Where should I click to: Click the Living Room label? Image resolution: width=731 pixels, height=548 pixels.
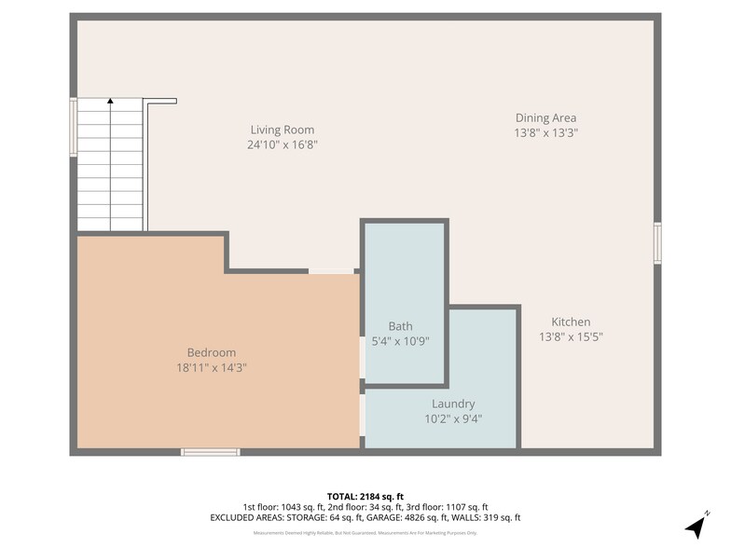coord(282,130)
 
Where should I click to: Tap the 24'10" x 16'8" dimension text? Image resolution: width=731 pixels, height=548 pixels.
coord(282,144)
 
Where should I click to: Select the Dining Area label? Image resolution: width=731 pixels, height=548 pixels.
coord(545,117)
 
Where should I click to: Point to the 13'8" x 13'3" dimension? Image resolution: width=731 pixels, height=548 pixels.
coord(545,132)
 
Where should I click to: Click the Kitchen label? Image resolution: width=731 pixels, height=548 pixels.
coord(570,322)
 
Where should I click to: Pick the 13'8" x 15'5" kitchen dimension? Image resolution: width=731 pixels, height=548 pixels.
coord(570,336)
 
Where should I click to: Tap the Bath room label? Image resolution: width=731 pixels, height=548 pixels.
coord(400,326)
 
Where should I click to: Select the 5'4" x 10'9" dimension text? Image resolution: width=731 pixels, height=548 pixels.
coord(400,341)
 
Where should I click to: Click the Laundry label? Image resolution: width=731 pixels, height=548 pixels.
coord(453,404)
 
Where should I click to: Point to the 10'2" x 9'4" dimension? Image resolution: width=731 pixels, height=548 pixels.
coord(453,418)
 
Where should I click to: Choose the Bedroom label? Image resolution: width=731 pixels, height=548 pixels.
coord(212,352)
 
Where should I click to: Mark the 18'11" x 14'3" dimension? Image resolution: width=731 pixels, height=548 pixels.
coord(212,367)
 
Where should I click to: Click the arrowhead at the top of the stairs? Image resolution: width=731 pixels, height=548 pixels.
coord(110,101)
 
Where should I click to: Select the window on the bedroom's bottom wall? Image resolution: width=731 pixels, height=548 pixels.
coord(210,452)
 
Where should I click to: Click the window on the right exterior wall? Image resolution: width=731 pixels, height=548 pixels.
coord(657,243)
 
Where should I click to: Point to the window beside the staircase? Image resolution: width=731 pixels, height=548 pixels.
coord(73,128)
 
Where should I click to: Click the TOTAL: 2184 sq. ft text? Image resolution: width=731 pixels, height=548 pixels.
coord(365,495)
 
